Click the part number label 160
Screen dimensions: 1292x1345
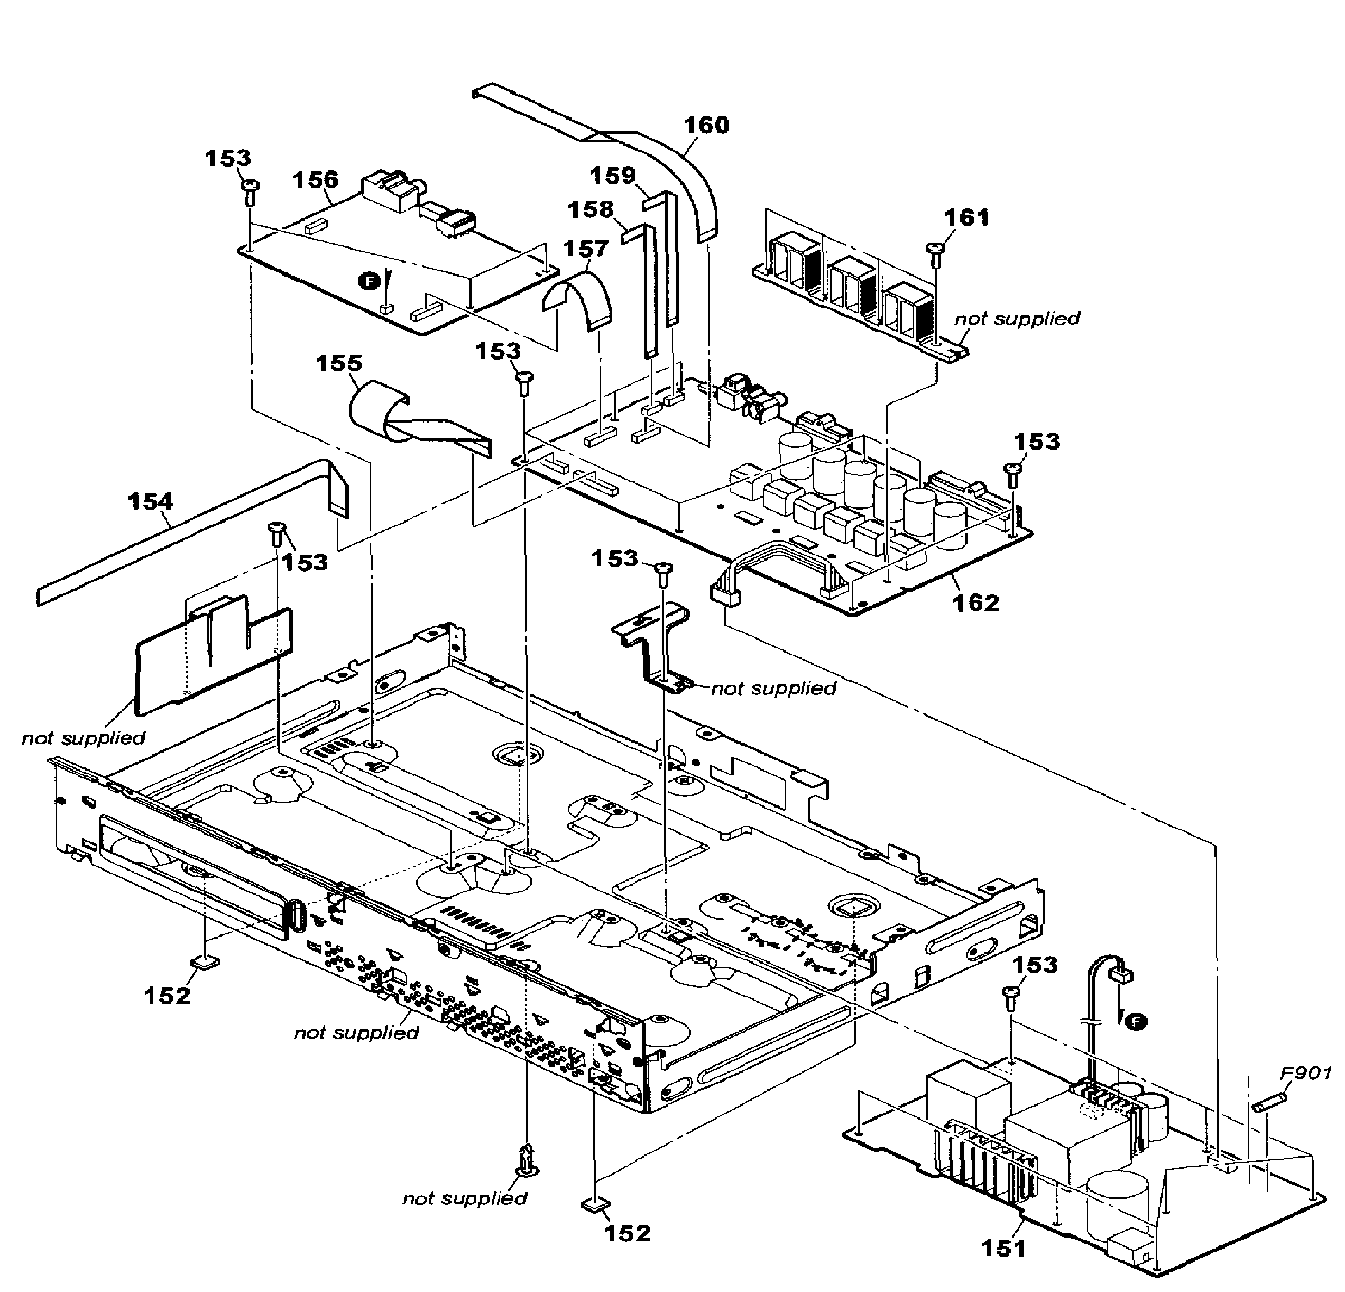pyautogui.click(x=707, y=125)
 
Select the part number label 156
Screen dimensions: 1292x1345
pyautogui.click(x=316, y=180)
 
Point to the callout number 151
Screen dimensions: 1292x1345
pyautogui.click(x=1003, y=1248)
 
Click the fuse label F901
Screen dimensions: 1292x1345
pyautogui.click(x=1306, y=1073)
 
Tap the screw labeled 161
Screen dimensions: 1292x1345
pyautogui.click(x=933, y=251)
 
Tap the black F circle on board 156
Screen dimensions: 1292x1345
pyautogui.click(x=369, y=281)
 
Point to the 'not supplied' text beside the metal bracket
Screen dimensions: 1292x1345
pyautogui.click(x=773, y=689)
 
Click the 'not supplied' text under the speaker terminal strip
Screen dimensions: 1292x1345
pyautogui.click(x=1017, y=318)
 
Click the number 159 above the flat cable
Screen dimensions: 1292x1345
pyautogui.click(x=613, y=176)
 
